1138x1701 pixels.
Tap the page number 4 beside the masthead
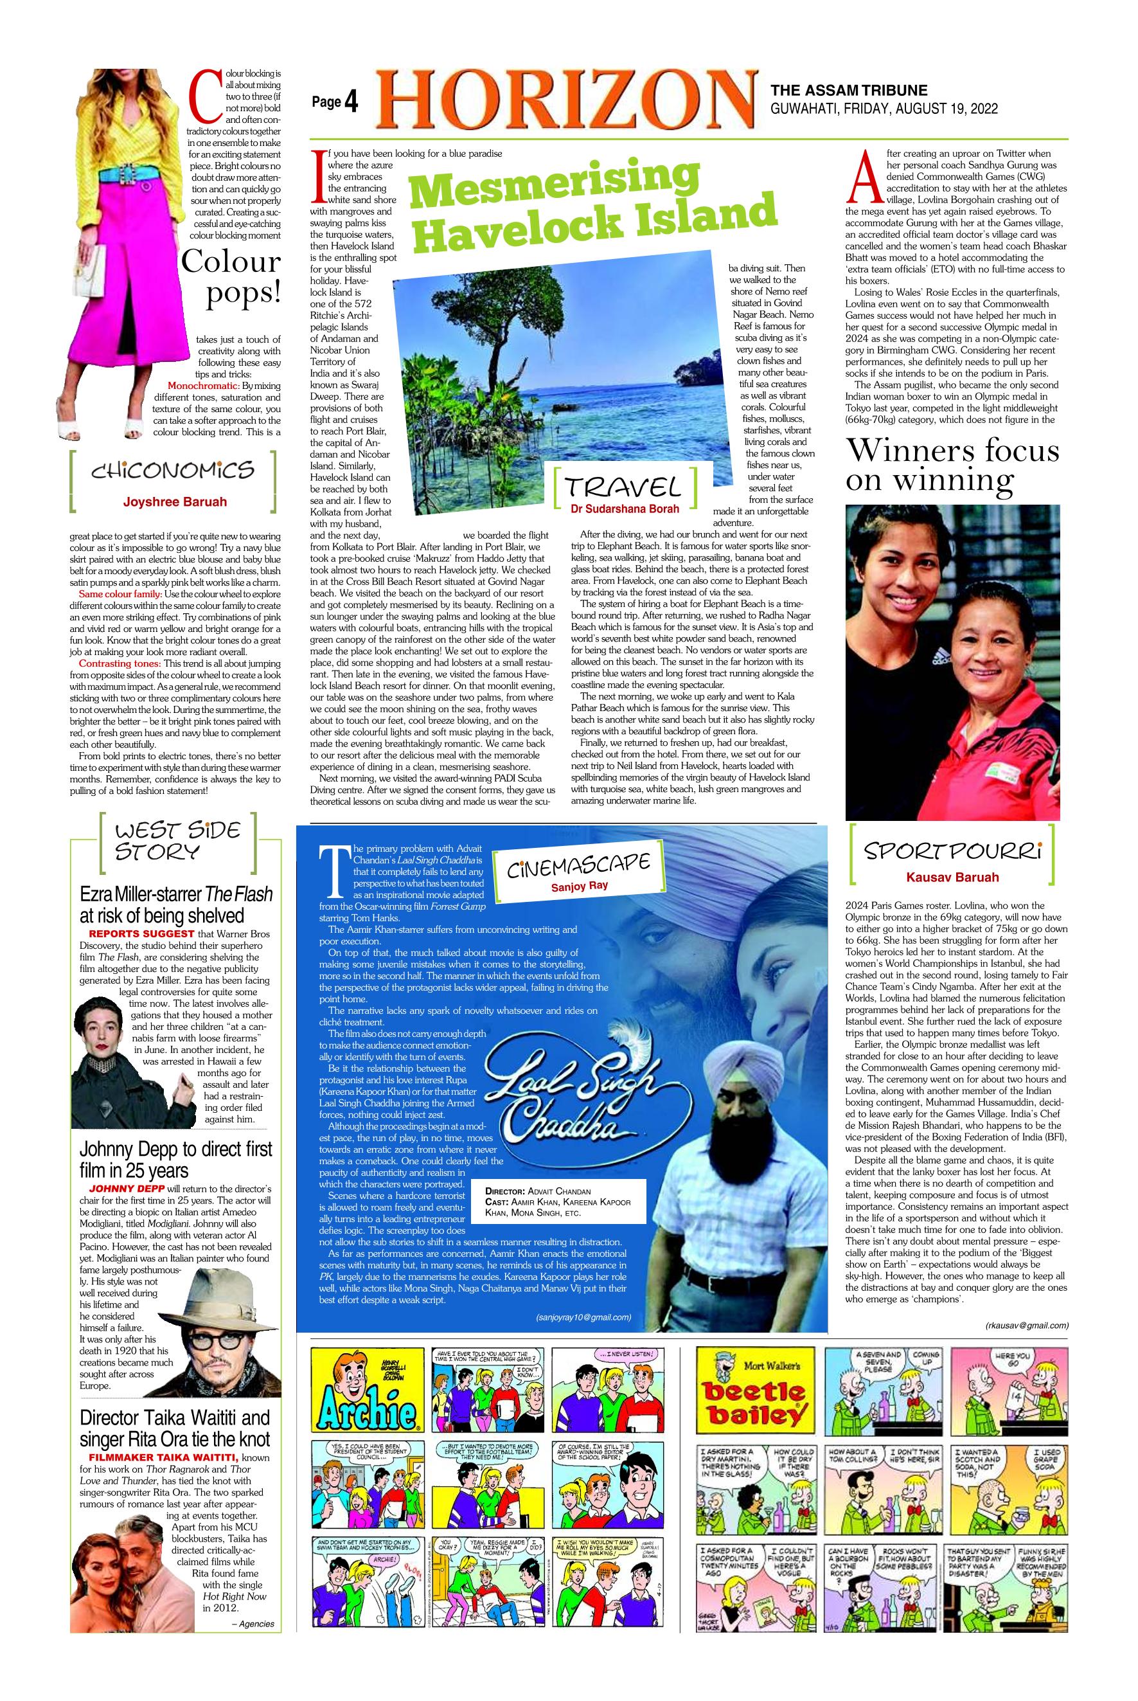click(351, 103)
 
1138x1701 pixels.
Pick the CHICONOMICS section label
click(173, 471)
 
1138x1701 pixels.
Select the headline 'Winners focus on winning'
click(952, 465)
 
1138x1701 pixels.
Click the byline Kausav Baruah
click(952, 876)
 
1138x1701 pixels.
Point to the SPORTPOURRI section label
click(952, 849)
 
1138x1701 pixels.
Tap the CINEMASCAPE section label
click(578, 863)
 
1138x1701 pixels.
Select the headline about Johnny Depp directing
click(175, 1160)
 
